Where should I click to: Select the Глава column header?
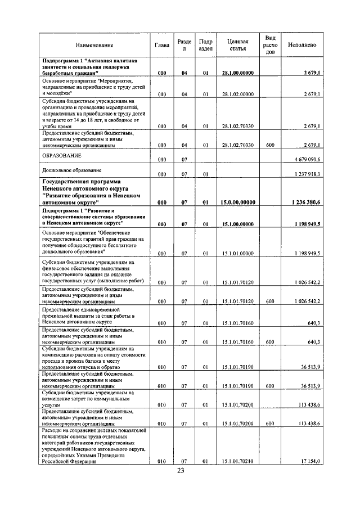pos(162,44)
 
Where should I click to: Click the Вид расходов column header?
pos(270,44)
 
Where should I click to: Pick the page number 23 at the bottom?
pos(180,471)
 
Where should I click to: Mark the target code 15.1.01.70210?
pos(238,461)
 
